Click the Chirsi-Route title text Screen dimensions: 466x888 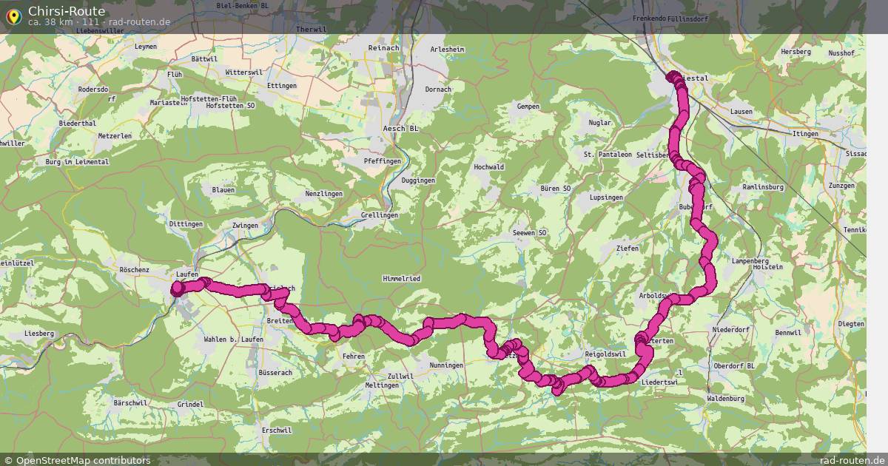click(x=67, y=11)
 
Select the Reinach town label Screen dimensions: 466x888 click(x=384, y=48)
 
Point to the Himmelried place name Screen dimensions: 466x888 click(x=401, y=278)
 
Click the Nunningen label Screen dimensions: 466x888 click(x=445, y=365)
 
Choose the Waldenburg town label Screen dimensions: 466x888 click(x=726, y=399)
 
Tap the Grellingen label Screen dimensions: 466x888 click(x=380, y=215)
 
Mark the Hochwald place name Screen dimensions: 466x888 click(x=488, y=167)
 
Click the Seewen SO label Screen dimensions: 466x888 click(x=529, y=233)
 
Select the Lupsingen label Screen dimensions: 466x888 click(x=606, y=198)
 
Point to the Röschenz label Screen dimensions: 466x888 click(x=134, y=271)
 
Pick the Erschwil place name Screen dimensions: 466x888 click(x=277, y=430)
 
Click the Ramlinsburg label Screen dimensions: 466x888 click(x=763, y=187)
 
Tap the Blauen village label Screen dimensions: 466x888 click(x=223, y=190)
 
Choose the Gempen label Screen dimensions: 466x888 click(x=528, y=107)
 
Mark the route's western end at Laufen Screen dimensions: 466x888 click(x=177, y=289)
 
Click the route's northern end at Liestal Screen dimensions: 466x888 click(x=673, y=76)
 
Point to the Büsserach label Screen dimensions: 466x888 click(x=275, y=373)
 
